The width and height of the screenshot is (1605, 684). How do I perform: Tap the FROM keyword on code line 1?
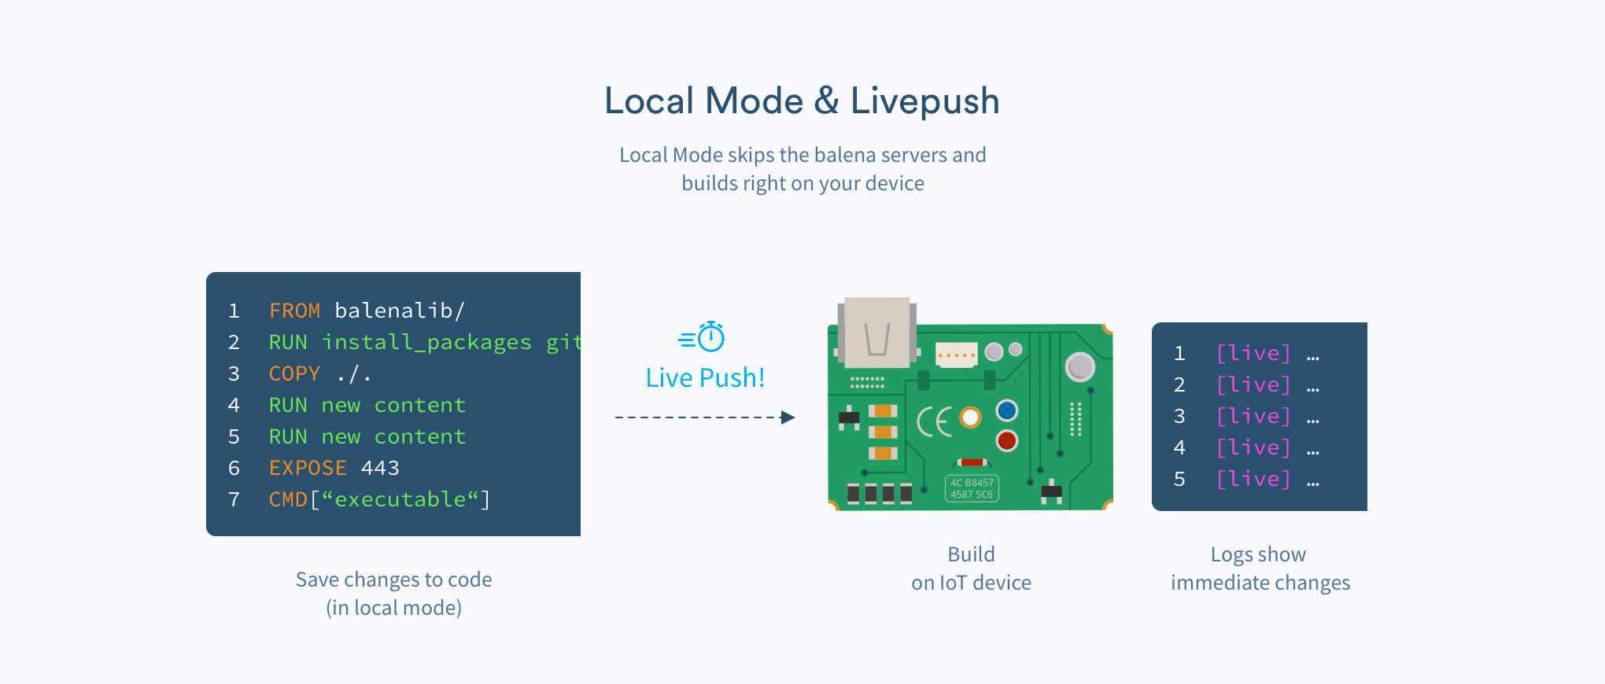coord(294,311)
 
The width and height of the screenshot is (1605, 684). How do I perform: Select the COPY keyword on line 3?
coord(294,374)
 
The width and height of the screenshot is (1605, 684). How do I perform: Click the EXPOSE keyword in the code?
coord(308,469)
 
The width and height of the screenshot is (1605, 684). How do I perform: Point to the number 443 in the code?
coord(380,469)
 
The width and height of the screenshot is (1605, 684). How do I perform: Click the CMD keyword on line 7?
coord(288,500)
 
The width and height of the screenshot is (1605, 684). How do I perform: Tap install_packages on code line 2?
coord(426,343)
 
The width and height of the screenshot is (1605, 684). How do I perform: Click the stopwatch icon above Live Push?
coord(711,337)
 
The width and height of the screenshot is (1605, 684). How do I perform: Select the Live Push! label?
coord(705,378)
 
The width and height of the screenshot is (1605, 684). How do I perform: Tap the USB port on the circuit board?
coord(876,333)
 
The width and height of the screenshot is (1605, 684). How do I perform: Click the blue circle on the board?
coord(1007,410)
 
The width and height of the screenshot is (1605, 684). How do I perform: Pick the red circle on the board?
coord(1007,440)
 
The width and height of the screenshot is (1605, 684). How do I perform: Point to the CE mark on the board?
coord(935,422)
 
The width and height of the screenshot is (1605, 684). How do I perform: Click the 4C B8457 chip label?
coord(972,488)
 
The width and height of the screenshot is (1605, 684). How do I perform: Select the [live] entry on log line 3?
coord(1253,416)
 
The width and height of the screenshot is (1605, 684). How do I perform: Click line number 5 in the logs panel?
coord(1179,480)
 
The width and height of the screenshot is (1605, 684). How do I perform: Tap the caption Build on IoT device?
coord(971,568)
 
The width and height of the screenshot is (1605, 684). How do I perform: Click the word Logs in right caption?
coord(1231,555)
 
